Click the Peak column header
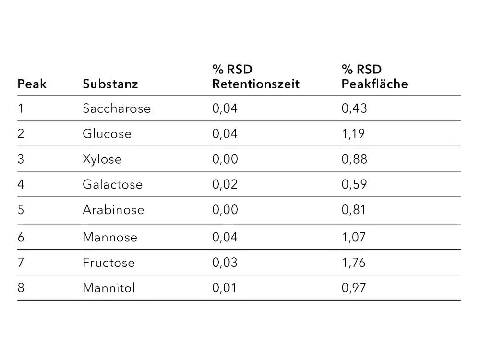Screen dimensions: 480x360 pos(32,84)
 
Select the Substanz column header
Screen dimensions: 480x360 pos(110,84)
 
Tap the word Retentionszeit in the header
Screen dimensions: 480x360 pos(256,84)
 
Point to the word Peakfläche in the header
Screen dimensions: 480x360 pos(374,84)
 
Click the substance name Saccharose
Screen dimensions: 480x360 pos(117,108)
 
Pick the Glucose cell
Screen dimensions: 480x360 pos(107,134)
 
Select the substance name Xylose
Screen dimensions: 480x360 pos(102,159)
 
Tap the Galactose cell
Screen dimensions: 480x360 pos(112,185)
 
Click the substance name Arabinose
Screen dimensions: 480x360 pos(113,210)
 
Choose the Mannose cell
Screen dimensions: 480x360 pos(110,237)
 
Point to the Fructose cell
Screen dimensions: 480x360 pos(108,263)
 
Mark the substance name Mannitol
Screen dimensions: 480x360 pos(108,288)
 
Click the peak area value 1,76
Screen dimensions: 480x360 pos(354,263)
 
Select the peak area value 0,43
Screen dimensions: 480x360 pos(354,108)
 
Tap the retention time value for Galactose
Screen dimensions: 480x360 pos(225,185)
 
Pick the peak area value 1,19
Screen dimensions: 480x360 pos(353,134)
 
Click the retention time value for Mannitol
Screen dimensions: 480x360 pos(224,288)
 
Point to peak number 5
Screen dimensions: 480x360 pos(21,210)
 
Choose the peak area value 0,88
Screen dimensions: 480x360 pos(354,159)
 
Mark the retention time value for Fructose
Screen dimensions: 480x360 pos(225,263)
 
